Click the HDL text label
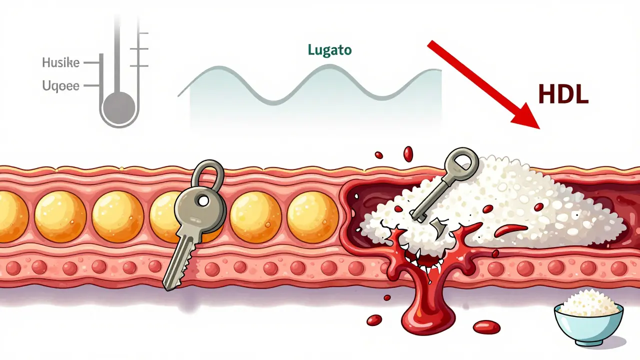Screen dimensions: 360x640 (563, 94)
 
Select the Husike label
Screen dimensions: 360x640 (61, 63)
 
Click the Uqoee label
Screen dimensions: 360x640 (61, 86)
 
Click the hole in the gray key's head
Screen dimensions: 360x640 (202, 200)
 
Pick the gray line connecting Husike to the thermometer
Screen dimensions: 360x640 (91, 63)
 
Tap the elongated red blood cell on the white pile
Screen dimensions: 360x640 (511, 231)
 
